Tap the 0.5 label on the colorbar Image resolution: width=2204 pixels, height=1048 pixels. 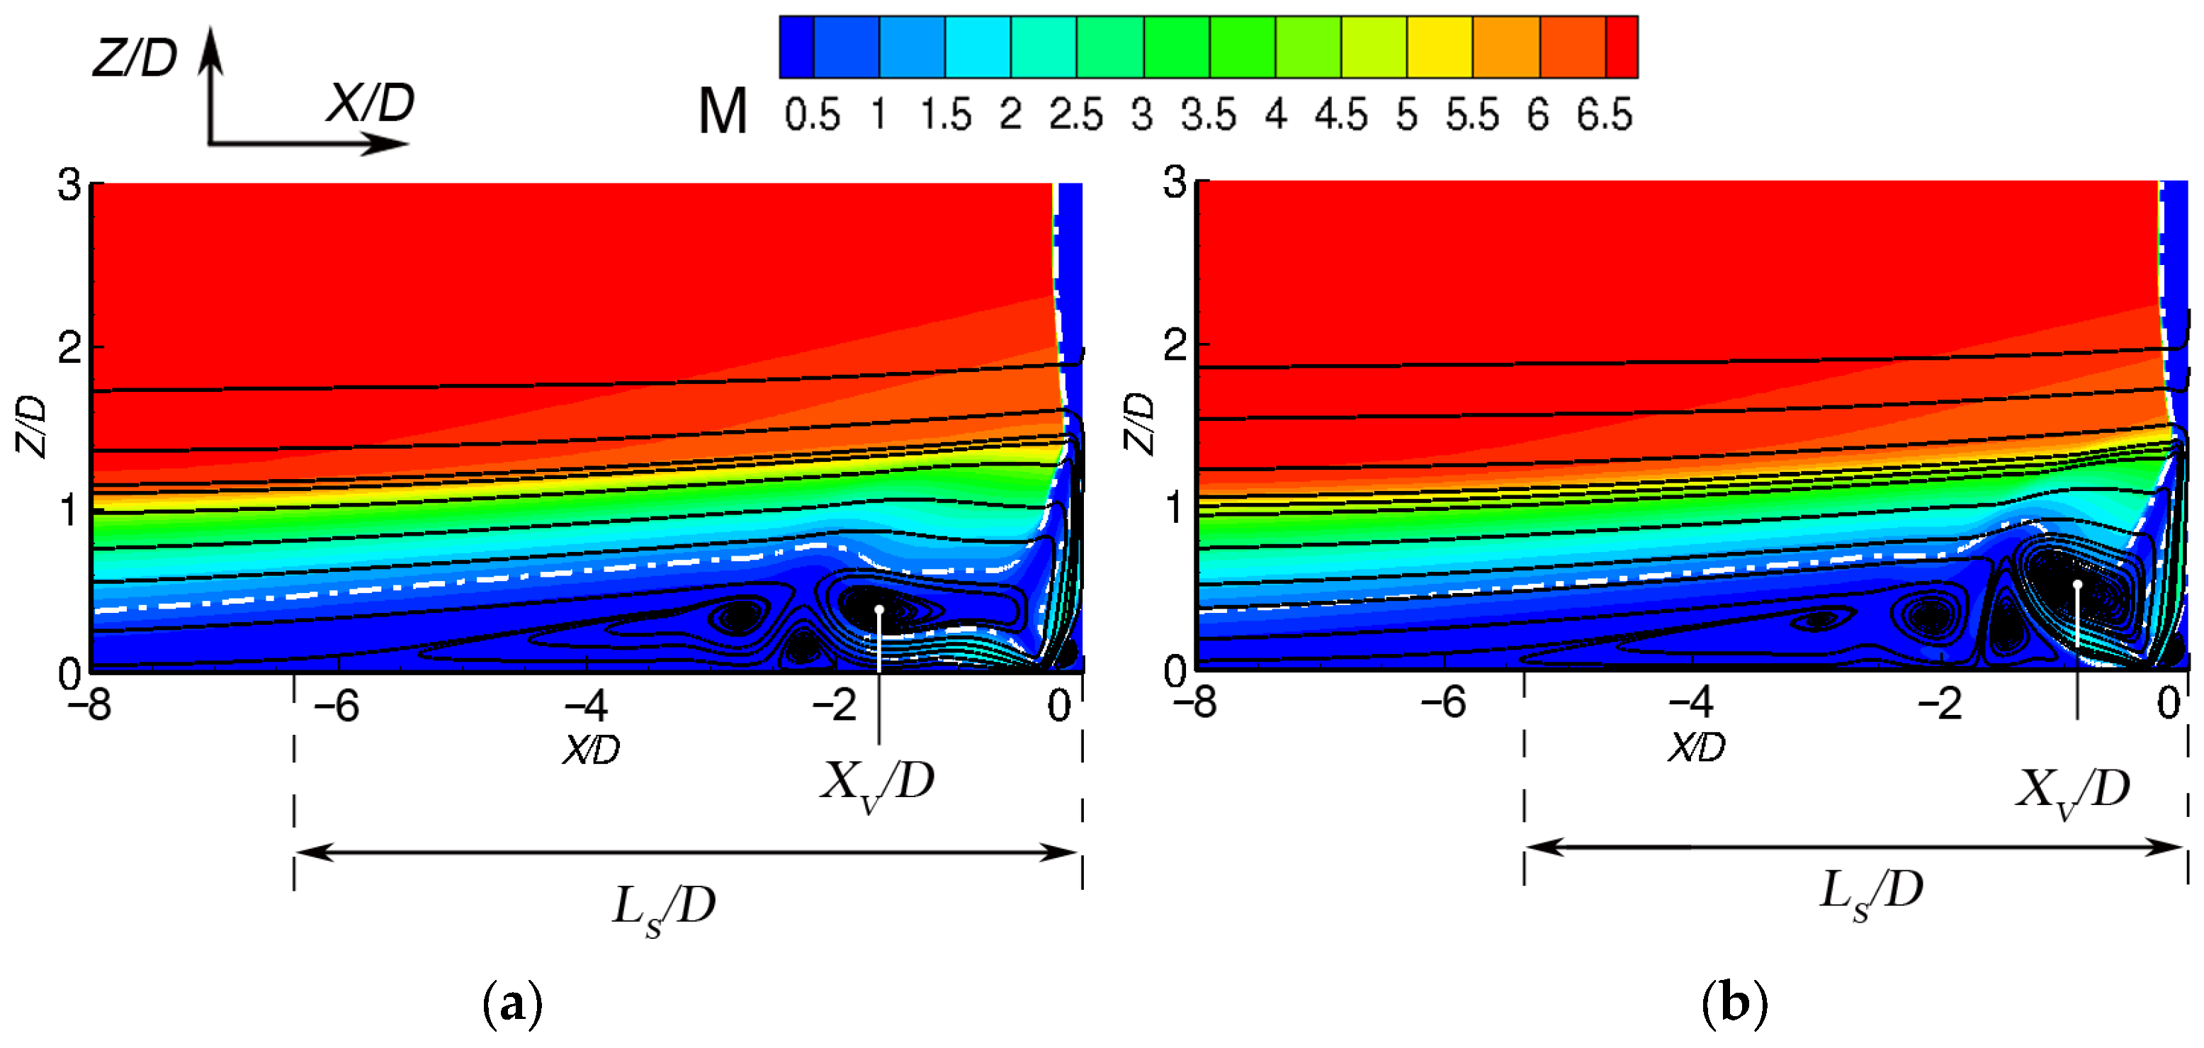click(812, 115)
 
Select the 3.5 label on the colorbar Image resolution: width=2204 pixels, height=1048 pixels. click(1208, 115)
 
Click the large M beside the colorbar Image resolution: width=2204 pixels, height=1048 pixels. click(723, 112)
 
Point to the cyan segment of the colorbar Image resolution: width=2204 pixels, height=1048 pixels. click(978, 47)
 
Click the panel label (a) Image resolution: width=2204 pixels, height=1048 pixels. click(512, 1003)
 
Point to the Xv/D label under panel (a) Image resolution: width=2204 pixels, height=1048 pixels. click(877, 784)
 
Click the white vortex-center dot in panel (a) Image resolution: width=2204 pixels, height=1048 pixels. click(878, 609)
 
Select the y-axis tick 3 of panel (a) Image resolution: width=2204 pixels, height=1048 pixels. click(69, 185)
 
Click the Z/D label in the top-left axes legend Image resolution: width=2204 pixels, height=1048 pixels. click(135, 58)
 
